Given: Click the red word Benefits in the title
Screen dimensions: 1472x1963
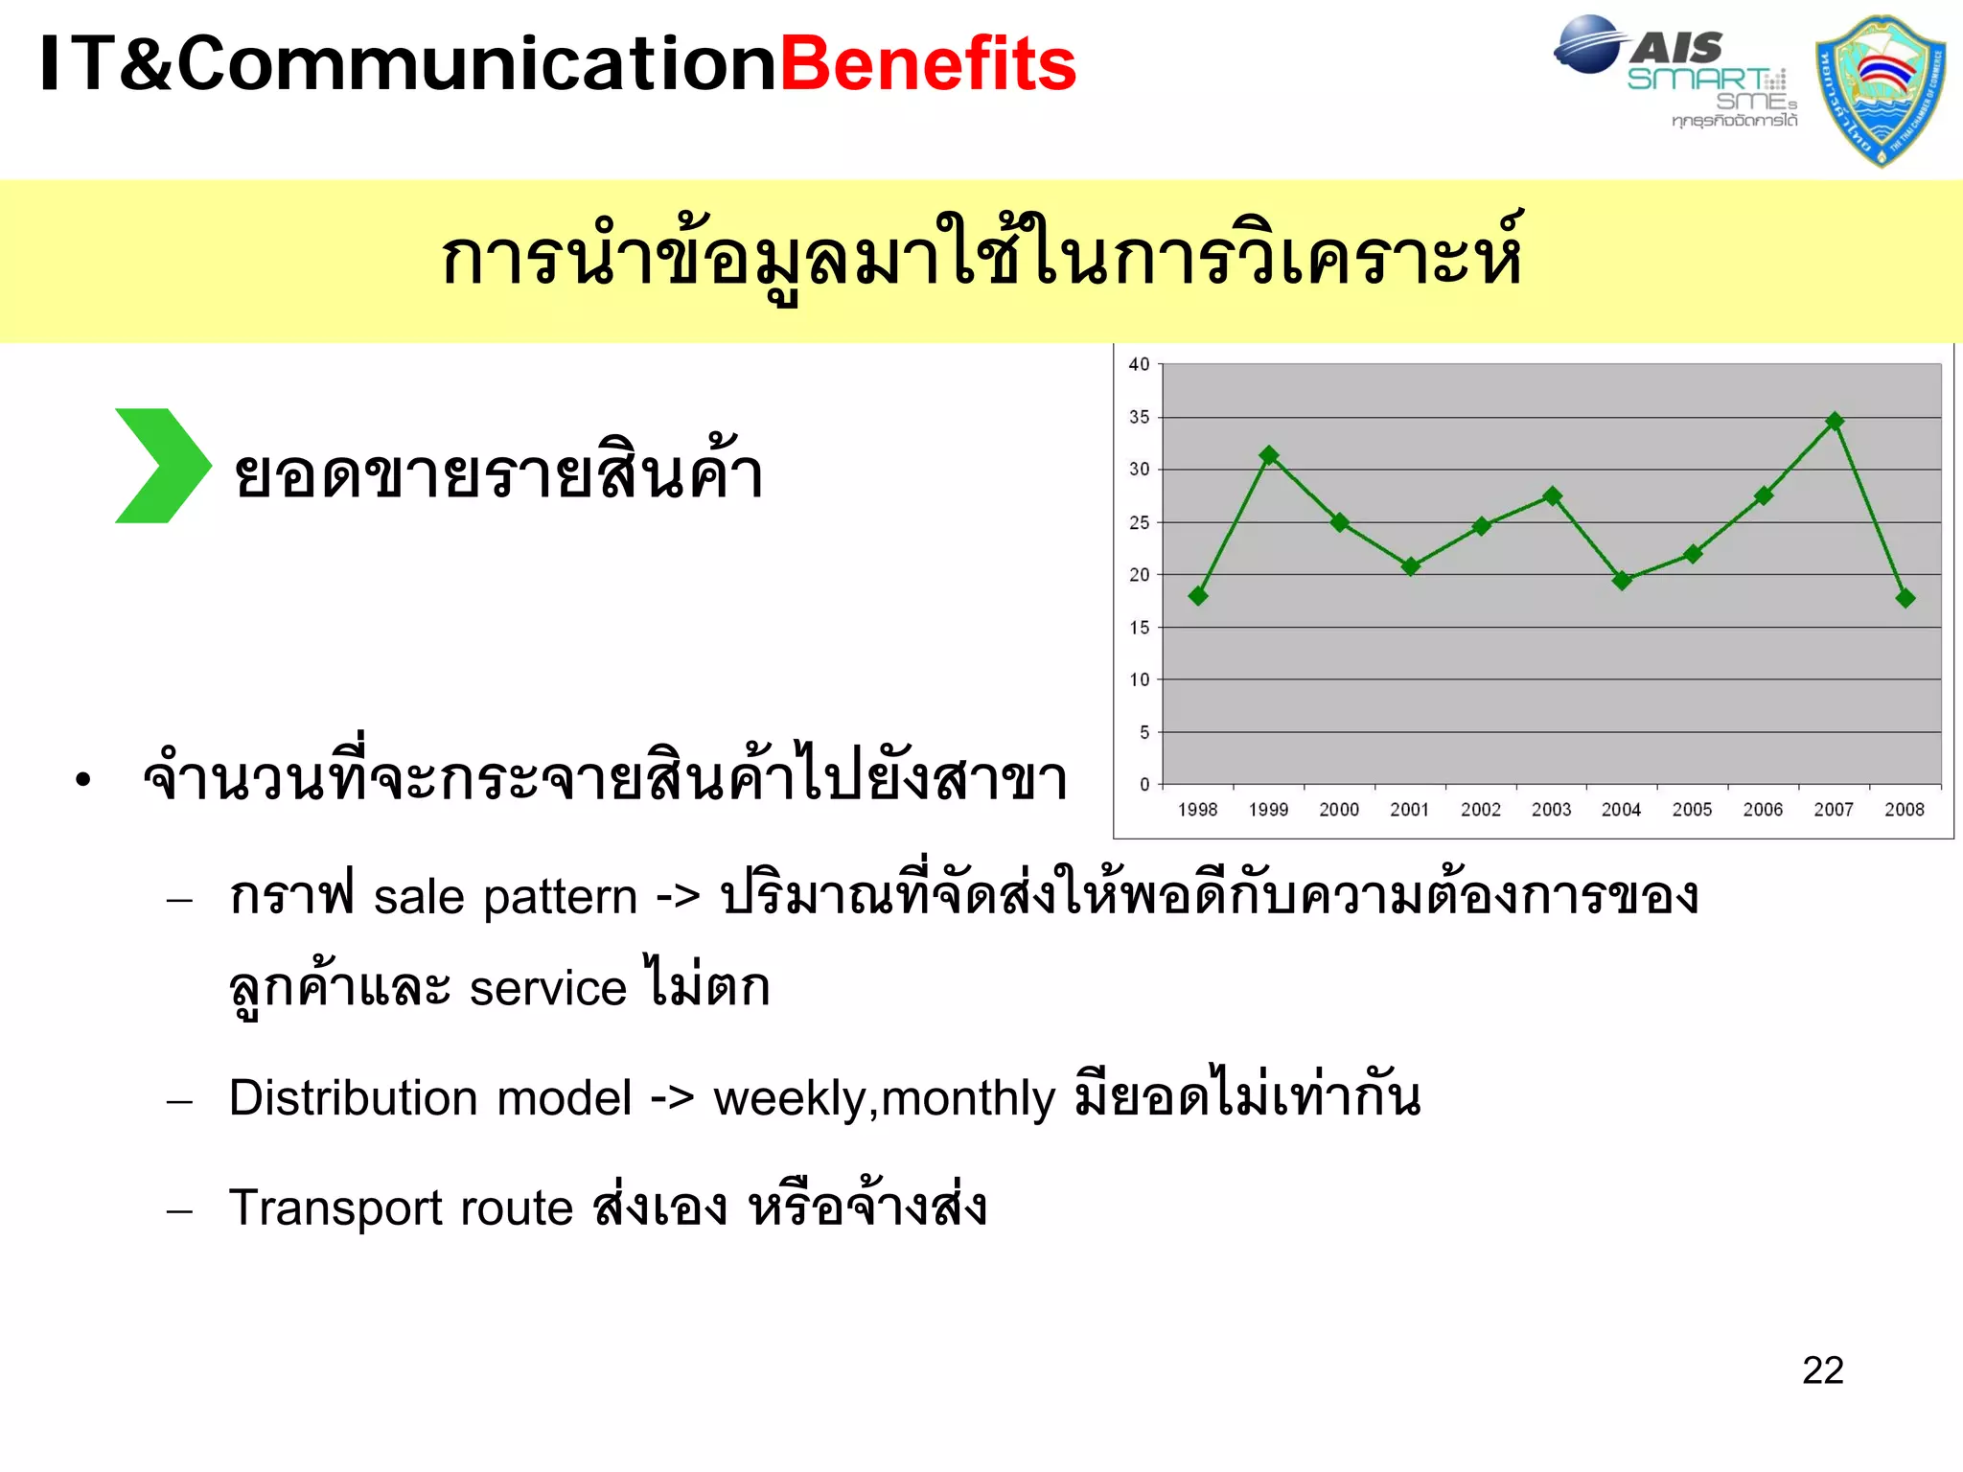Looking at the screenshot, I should coord(928,65).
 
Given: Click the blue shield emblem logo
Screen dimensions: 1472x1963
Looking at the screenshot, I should coord(1881,91).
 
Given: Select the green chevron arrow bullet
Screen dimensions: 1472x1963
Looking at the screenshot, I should coord(161,466).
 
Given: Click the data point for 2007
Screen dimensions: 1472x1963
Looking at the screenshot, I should coord(1835,422).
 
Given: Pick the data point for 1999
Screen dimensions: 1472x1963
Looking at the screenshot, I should coord(1269,455).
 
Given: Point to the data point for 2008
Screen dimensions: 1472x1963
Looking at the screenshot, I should coord(1905,598).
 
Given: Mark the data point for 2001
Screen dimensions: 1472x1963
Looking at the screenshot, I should coord(1410,566).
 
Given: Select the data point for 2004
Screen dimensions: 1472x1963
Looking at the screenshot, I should coord(1622,580).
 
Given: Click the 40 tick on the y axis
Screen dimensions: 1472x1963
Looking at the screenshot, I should coord(1139,364).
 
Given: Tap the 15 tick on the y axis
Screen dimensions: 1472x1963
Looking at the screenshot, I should coord(1139,628).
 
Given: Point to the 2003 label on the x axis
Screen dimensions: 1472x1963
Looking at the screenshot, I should coord(1551,810).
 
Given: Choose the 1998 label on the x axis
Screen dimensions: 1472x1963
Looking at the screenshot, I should coord(1197,810).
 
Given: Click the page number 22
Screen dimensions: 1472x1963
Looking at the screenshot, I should coord(1822,1370).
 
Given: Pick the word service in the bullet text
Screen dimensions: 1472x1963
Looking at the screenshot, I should coord(547,988).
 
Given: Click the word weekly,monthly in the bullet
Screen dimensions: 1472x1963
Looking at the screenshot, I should coord(884,1098).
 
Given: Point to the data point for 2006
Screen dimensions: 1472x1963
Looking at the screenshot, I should coord(1764,495).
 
